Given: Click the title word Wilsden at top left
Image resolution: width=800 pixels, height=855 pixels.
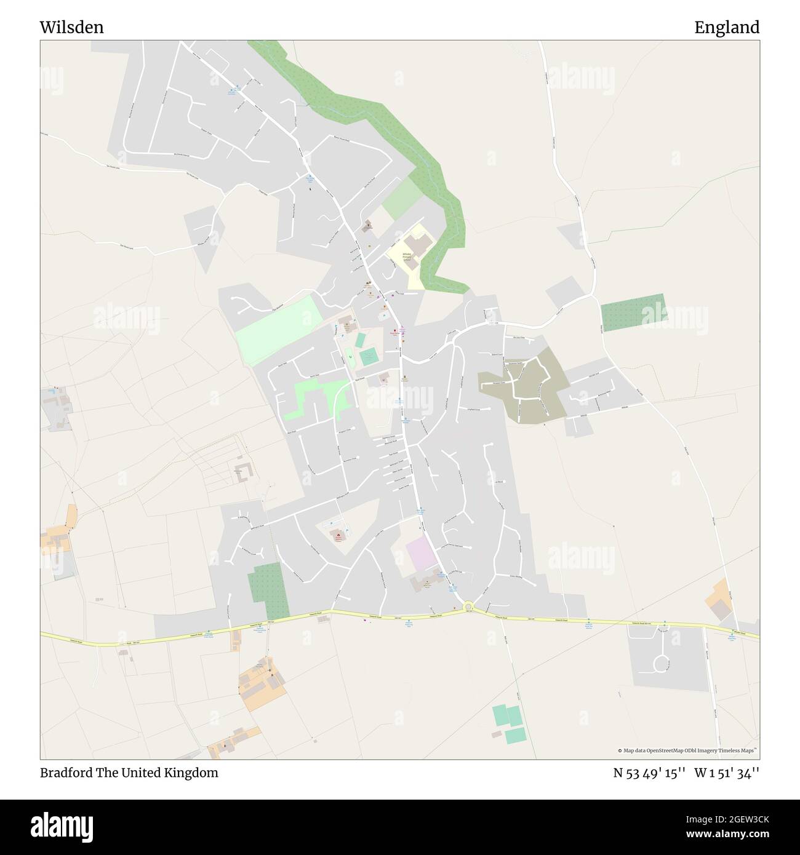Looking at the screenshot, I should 72,27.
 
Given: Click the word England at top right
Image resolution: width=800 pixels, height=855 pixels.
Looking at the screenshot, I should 727,27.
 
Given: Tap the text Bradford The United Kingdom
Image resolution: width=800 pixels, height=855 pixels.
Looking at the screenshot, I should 129,773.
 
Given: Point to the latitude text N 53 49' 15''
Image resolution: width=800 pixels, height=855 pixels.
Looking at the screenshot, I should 649,773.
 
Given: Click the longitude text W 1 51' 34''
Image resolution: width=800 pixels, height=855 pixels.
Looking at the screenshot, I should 727,773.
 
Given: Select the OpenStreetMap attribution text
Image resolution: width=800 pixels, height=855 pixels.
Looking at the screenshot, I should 687,750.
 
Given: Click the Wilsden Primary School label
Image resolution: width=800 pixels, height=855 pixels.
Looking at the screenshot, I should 407,256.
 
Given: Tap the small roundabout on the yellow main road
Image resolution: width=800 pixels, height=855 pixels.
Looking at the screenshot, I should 468,607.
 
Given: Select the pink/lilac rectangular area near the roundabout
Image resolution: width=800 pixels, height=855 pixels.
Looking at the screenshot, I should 421,554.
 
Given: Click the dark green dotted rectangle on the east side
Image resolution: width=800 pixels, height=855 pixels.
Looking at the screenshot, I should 633,312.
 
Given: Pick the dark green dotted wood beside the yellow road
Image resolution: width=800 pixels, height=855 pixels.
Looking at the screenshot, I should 269,591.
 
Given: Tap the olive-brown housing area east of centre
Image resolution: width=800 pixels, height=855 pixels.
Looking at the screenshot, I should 523,388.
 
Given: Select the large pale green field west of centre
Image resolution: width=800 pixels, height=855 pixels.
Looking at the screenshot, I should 279,330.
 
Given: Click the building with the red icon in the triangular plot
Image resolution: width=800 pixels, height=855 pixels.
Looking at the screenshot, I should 337,536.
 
